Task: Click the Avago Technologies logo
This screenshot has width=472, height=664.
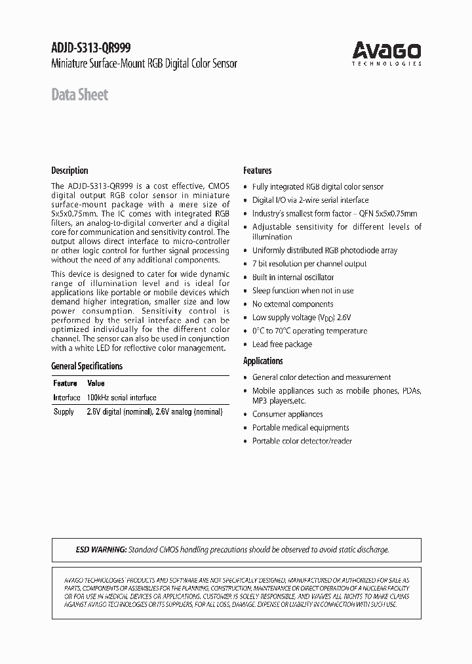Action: point(386,52)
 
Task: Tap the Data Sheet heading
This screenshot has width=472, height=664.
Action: point(79,95)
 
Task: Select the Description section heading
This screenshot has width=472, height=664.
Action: point(69,171)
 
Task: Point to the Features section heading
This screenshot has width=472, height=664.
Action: point(258,171)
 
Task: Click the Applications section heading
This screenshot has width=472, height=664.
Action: point(263,361)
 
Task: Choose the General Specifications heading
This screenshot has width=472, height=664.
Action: point(87,366)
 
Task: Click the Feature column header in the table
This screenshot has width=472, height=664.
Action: point(65,383)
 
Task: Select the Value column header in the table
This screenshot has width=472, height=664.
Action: point(96,383)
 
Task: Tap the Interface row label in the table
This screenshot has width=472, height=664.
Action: point(66,398)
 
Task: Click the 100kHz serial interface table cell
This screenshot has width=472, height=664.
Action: point(121,398)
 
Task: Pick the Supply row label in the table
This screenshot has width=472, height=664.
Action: point(64,412)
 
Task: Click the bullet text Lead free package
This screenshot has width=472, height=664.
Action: point(282,344)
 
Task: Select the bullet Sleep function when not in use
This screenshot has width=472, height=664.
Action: point(303,291)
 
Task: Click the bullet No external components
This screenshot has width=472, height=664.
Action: point(292,304)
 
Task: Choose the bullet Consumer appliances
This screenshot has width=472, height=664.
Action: point(287,415)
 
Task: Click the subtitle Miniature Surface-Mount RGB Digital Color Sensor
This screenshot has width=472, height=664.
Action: point(144,64)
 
